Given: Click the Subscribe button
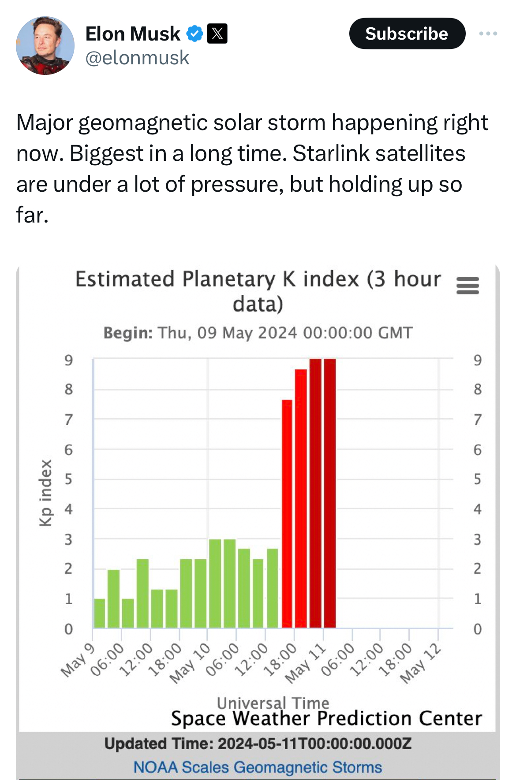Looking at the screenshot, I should pyautogui.click(x=407, y=33).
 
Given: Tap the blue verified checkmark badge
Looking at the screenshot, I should pyautogui.click(x=194, y=33).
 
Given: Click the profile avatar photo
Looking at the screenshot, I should pyautogui.click(x=45, y=45).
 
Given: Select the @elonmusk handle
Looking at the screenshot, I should pyautogui.click(x=137, y=58).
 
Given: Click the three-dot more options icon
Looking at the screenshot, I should pyautogui.click(x=488, y=33).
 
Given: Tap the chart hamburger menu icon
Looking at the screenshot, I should pyautogui.click(x=467, y=286).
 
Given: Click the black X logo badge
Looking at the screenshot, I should pyautogui.click(x=217, y=33).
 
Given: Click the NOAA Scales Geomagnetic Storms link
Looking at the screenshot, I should pyautogui.click(x=258, y=767).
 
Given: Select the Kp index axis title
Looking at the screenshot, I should pyautogui.click(x=46, y=493).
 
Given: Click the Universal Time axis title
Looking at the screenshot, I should pyautogui.click(x=273, y=702).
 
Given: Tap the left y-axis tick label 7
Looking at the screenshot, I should pyautogui.click(x=68, y=420).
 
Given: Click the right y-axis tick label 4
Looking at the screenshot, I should pyautogui.click(x=477, y=509).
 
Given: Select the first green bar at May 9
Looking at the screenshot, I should pyautogui.click(x=100, y=613).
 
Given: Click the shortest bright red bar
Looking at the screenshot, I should pyautogui.click(x=287, y=513).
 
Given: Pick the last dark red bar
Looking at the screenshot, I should pyautogui.click(x=330, y=494).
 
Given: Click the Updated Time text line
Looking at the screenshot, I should pyautogui.click(x=258, y=744).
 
